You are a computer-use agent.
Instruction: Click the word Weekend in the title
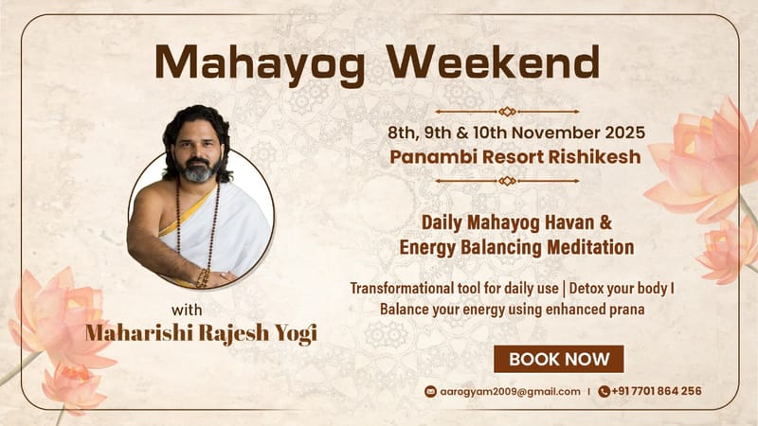(494, 63)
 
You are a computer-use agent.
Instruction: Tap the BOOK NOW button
(558, 359)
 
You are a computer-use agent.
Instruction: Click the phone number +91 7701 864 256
(657, 390)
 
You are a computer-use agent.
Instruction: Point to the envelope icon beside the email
(430, 390)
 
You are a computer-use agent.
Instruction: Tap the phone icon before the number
(604, 390)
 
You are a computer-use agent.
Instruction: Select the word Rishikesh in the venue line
(577, 156)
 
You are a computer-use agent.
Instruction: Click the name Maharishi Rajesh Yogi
(200, 334)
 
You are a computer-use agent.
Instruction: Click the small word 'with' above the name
(188, 309)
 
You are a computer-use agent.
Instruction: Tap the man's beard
(198, 173)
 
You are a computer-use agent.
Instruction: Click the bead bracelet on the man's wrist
(202, 276)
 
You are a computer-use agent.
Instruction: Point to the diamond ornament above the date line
(507, 112)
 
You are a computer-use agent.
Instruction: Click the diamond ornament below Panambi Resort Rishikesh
(507, 180)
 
